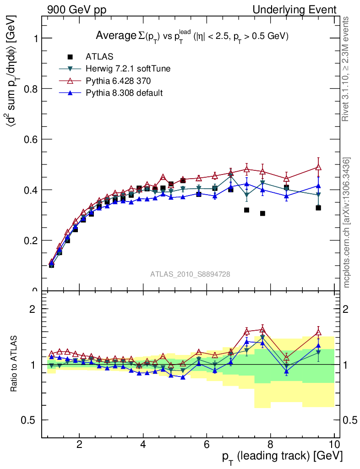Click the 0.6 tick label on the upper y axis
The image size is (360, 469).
pyautogui.click(x=31, y=139)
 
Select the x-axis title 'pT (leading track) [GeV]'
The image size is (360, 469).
pyautogui.click(x=283, y=457)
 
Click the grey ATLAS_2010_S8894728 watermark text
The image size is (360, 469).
pyautogui.click(x=190, y=274)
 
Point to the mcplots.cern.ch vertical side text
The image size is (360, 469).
pyautogui.click(x=347, y=223)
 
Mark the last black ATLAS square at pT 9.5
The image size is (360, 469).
pyautogui.click(x=318, y=208)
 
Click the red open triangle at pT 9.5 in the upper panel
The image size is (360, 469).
pyautogui.click(x=318, y=167)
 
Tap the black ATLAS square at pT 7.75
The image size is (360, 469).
pyautogui.click(x=262, y=213)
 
